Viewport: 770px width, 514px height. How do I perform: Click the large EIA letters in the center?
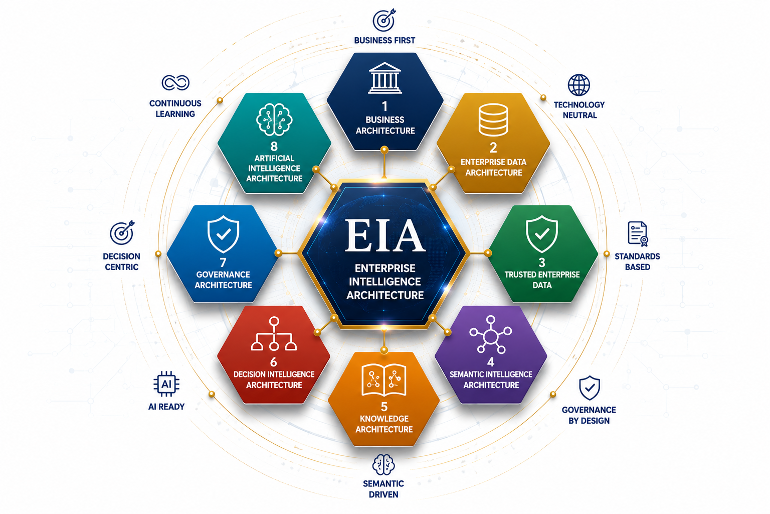(385, 235)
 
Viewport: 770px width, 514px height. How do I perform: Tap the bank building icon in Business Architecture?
(384, 78)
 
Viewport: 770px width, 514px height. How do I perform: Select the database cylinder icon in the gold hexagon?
(493, 120)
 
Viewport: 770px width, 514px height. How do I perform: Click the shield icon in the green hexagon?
(542, 234)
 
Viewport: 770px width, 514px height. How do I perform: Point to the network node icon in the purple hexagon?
(491, 335)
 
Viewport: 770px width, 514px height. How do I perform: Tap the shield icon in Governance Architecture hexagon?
(224, 234)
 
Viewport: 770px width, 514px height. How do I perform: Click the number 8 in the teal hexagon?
(274, 146)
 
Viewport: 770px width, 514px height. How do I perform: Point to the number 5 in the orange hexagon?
(384, 407)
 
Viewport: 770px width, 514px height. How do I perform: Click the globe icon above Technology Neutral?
(579, 85)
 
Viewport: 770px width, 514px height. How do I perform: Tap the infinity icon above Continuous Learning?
(175, 83)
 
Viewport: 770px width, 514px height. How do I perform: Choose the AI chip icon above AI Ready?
(166, 384)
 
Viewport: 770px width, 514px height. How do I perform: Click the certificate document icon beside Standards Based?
(638, 234)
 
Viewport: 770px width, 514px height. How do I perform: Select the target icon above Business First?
(384, 20)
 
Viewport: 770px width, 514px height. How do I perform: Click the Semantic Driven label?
(383, 489)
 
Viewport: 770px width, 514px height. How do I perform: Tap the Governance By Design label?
(589, 415)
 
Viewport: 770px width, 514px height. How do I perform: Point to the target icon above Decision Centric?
(122, 233)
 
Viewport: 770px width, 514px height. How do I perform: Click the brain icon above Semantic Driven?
(383, 464)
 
